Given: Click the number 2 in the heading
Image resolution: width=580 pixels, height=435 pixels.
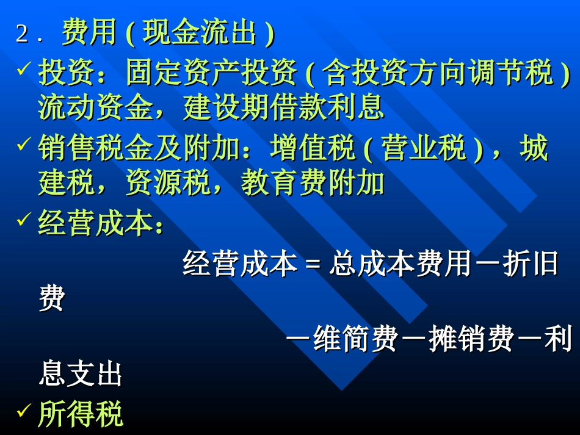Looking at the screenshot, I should pyautogui.click(x=22, y=34).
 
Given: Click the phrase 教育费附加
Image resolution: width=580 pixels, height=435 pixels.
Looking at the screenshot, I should pyautogui.click(x=313, y=183).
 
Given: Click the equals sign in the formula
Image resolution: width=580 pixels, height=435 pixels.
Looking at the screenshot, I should pyautogui.click(x=313, y=265).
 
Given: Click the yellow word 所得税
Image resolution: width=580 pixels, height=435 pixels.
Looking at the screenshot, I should pyautogui.click(x=81, y=414).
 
